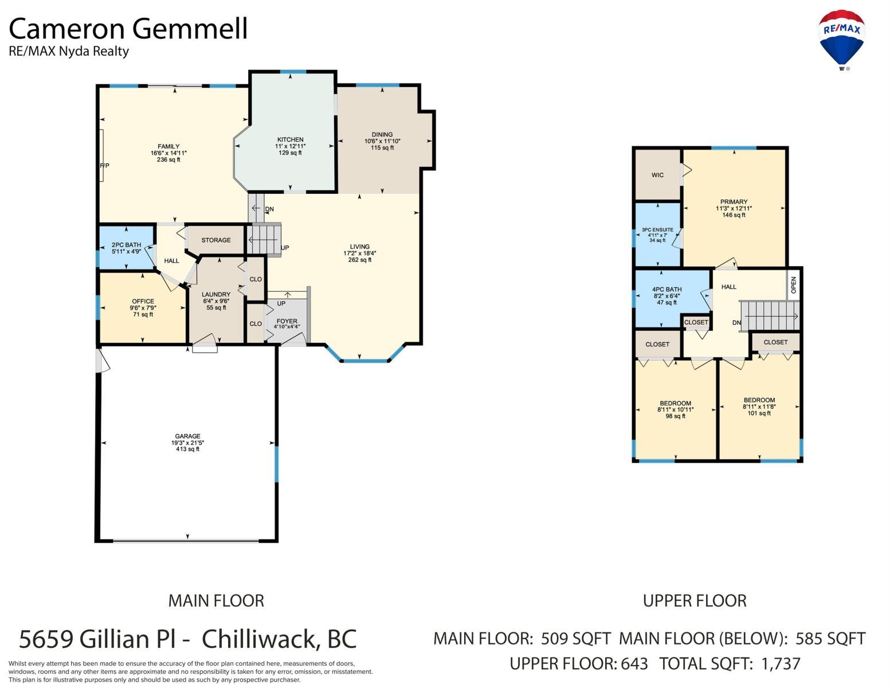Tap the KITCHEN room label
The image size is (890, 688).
pyautogui.click(x=290, y=140)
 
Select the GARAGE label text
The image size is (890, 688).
pyautogui.click(x=187, y=436)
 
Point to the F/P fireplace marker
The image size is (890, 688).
pyautogui.click(x=104, y=166)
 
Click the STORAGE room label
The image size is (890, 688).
pyautogui.click(x=216, y=240)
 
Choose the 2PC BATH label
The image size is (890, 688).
pyautogui.click(x=126, y=245)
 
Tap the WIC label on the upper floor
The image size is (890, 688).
pyautogui.click(x=657, y=175)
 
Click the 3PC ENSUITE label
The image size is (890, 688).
pyautogui.click(x=657, y=230)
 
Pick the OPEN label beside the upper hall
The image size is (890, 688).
pyautogui.click(x=793, y=285)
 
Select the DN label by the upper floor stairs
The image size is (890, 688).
pyautogui.click(x=736, y=322)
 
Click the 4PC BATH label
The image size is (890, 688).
pyautogui.click(x=666, y=290)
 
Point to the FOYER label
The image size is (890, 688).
pyautogui.click(x=287, y=321)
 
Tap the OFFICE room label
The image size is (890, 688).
pyautogui.click(x=143, y=301)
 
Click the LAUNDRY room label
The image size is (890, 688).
pyautogui.click(x=216, y=294)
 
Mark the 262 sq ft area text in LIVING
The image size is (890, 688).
pyautogui.click(x=359, y=260)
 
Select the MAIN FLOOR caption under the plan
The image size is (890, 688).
pyautogui.click(x=216, y=601)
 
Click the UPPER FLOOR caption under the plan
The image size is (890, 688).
pyautogui.click(x=695, y=601)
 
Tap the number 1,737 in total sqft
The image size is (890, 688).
pyautogui.click(x=781, y=664)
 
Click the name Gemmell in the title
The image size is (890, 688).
pyautogui.click(x=190, y=29)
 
